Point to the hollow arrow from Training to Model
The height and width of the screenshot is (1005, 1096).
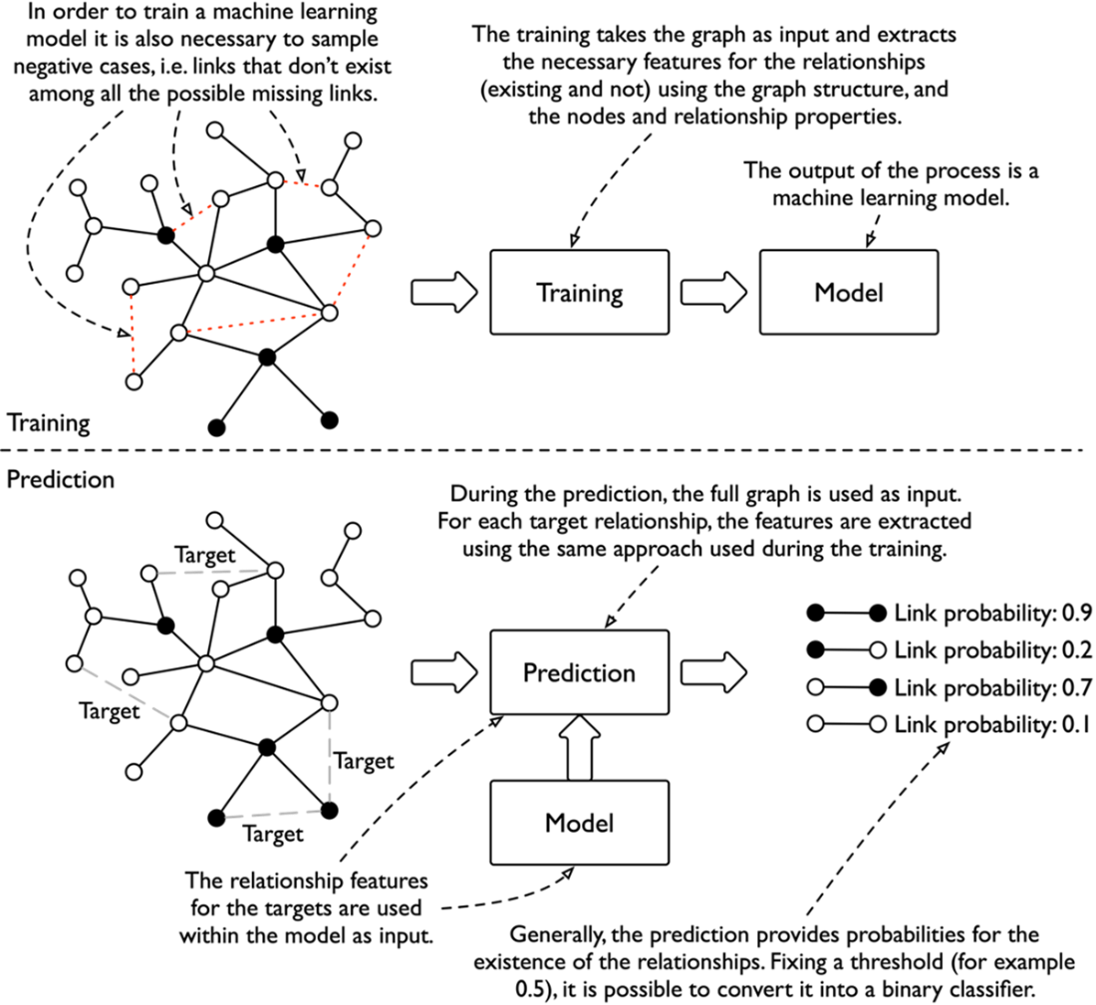(713, 292)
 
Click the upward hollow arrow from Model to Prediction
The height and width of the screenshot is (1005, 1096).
(580, 747)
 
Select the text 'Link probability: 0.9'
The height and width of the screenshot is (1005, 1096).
(992, 614)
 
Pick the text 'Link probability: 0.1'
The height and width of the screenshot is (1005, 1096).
(992, 724)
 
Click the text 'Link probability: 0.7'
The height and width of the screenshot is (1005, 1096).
(992, 687)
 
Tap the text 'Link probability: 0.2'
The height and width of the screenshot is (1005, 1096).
(992, 650)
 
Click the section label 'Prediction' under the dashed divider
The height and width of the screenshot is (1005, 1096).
(60, 479)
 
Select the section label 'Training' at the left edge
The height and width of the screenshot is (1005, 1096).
(48, 423)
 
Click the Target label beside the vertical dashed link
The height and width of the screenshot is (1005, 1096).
(364, 760)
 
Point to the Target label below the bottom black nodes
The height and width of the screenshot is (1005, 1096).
(273, 834)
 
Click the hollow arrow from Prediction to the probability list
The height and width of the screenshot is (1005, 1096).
(713, 672)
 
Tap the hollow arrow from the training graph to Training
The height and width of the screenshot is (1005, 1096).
(443, 292)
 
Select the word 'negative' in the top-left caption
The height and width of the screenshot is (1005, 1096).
(58, 67)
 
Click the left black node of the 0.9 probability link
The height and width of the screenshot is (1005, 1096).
(815, 614)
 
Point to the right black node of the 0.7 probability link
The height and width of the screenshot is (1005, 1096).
(878, 687)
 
